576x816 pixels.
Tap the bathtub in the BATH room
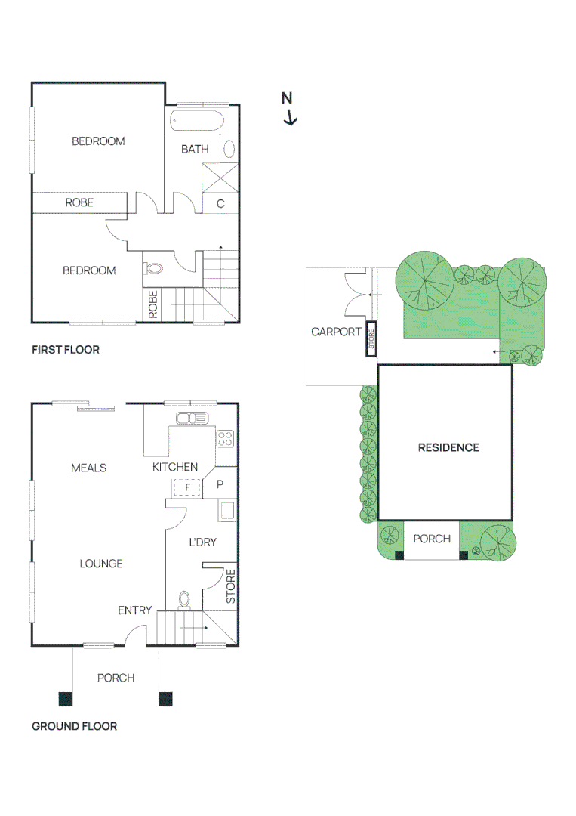pyautogui.click(x=197, y=121)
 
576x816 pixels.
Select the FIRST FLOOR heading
pyautogui.click(x=66, y=350)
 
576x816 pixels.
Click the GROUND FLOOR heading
pyautogui.click(x=74, y=726)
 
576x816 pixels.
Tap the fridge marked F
pyautogui.click(x=187, y=487)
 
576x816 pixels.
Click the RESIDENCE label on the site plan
pyautogui.click(x=448, y=447)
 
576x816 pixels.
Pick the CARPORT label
pyautogui.click(x=336, y=332)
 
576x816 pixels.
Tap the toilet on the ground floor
pyautogui.click(x=185, y=599)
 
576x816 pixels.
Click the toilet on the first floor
pyautogui.click(x=154, y=268)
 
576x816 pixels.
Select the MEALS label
pyautogui.click(x=89, y=468)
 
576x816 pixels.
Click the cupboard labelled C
pyautogui.click(x=221, y=203)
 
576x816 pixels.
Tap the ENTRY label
pyautogui.click(x=135, y=610)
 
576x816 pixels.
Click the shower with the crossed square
pyautogui.click(x=220, y=178)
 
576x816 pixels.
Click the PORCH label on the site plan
pyautogui.click(x=432, y=539)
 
